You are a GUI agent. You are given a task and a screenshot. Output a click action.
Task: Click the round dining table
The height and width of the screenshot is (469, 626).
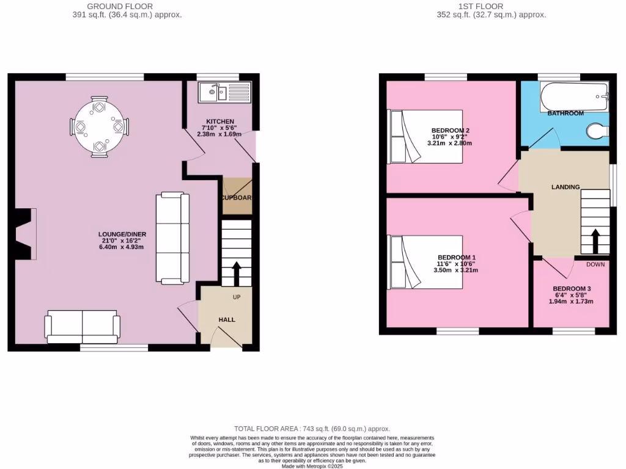[99, 127]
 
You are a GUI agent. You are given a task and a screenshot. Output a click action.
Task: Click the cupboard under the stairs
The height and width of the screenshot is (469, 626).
[237, 197]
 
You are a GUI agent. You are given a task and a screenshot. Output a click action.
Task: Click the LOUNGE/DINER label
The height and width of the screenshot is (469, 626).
[122, 234]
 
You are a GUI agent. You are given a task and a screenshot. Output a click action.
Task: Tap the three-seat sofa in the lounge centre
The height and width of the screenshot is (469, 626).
[170, 238]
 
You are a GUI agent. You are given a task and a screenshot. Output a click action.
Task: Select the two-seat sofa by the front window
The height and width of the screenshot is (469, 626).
[81, 326]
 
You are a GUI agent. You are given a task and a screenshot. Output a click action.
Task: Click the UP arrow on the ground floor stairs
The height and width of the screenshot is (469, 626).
[236, 273]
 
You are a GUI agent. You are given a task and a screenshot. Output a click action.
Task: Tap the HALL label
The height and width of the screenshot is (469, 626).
[227, 319]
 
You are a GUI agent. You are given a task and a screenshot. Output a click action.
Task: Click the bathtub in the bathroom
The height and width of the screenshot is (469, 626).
[573, 96]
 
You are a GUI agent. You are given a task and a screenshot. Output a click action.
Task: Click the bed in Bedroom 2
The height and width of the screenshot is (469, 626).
[425, 136]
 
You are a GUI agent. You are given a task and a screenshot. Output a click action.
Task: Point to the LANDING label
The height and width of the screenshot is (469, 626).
[565, 187]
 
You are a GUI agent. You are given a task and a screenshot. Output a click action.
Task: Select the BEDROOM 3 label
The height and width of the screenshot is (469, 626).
[572, 288]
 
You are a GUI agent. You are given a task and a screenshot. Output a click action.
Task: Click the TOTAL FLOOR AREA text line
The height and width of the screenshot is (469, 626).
[312, 429]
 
